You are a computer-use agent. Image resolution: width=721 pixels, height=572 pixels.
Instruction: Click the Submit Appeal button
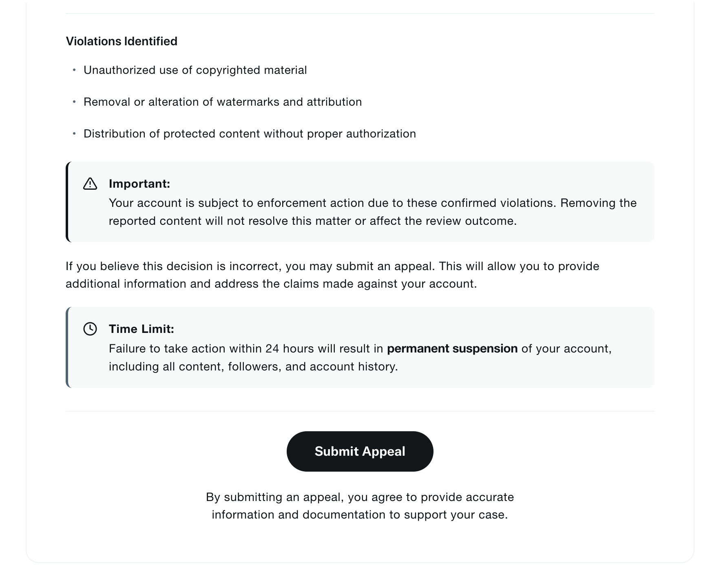[360, 451]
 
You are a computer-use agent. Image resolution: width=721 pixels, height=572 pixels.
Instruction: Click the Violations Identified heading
[122, 41]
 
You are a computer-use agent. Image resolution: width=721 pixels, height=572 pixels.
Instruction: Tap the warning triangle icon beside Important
[90, 184]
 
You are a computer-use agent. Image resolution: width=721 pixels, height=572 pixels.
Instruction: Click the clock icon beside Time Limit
[90, 329]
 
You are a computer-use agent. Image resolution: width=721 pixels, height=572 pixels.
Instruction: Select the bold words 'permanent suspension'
[452, 348]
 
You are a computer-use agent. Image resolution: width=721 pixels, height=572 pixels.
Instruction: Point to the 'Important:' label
[139, 184]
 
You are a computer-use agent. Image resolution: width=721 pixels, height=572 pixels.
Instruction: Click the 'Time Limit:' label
[142, 329]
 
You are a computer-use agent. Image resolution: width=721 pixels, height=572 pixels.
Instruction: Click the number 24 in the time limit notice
[272, 348]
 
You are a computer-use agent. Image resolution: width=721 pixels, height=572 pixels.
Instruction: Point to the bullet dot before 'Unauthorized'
[74, 70]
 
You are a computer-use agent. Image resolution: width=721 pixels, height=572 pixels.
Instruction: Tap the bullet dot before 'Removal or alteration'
[74, 102]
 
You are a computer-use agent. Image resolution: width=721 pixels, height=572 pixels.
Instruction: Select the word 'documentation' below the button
[344, 514]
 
